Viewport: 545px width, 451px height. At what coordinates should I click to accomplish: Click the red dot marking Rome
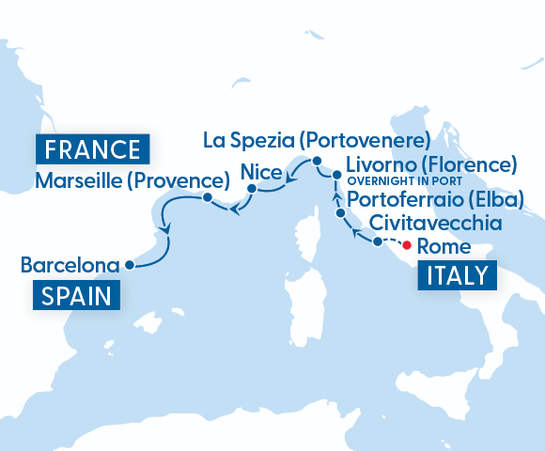point(407,247)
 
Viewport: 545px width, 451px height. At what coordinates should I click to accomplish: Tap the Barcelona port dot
point(129,266)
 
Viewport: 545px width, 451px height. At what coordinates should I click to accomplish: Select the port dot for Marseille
point(206,197)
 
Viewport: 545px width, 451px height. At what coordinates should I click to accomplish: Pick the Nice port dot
point(251,191)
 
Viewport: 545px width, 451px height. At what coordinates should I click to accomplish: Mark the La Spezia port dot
point(318,163)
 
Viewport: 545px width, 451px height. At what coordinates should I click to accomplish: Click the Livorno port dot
point(336,175)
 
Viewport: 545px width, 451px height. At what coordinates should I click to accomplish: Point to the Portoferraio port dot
point(341,215)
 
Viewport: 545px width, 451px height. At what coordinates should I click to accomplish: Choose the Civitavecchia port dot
point(378,241)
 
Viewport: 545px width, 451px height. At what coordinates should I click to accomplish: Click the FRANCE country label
point(93,149)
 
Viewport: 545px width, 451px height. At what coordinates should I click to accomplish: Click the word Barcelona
point(70,266)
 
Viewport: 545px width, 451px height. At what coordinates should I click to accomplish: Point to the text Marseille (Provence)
point(132,179)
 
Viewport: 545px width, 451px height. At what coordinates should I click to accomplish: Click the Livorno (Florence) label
point(432,165)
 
